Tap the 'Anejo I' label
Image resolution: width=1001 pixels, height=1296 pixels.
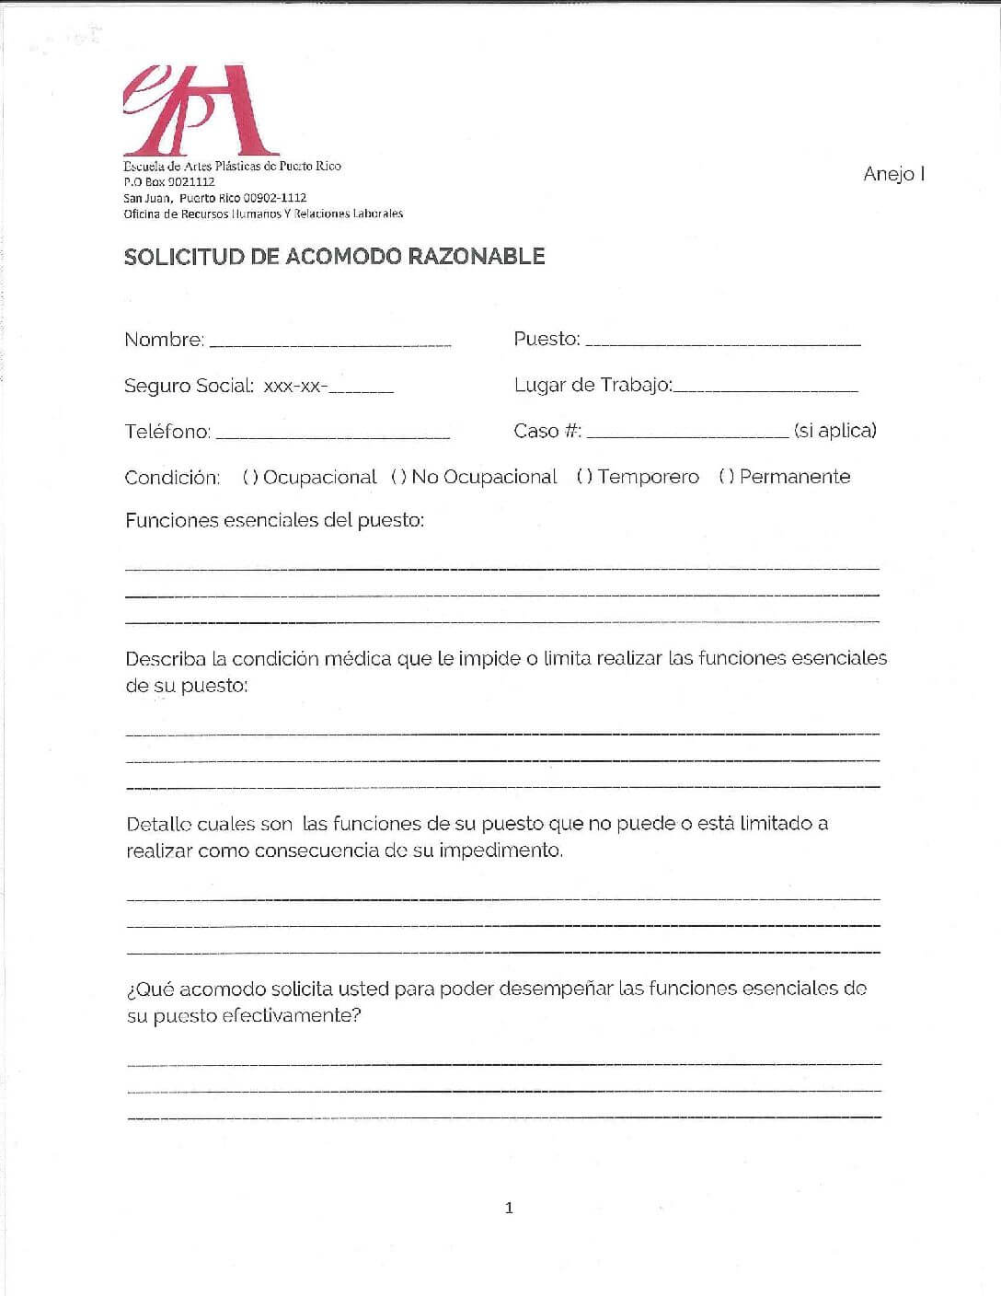coord(893,174)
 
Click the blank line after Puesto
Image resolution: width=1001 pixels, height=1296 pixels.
coord(722,342)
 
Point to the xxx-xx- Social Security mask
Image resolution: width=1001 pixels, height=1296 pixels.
coord(295,387)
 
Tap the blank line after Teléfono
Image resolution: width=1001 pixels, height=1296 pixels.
coord(332,434)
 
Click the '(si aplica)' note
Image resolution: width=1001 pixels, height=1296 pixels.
coord(834,431)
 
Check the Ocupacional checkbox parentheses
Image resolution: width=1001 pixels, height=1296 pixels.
coord(249,478)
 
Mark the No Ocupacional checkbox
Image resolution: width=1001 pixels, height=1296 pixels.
coord(398,478)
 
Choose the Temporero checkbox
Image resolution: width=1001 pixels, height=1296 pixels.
coord(584,478)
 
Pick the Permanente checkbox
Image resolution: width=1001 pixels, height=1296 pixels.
coord(726,478)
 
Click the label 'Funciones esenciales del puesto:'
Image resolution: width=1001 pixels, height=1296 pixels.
coord(274,521)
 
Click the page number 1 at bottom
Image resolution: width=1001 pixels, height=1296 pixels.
coord(509,1208)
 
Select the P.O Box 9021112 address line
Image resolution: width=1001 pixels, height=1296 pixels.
coord(169,182)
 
